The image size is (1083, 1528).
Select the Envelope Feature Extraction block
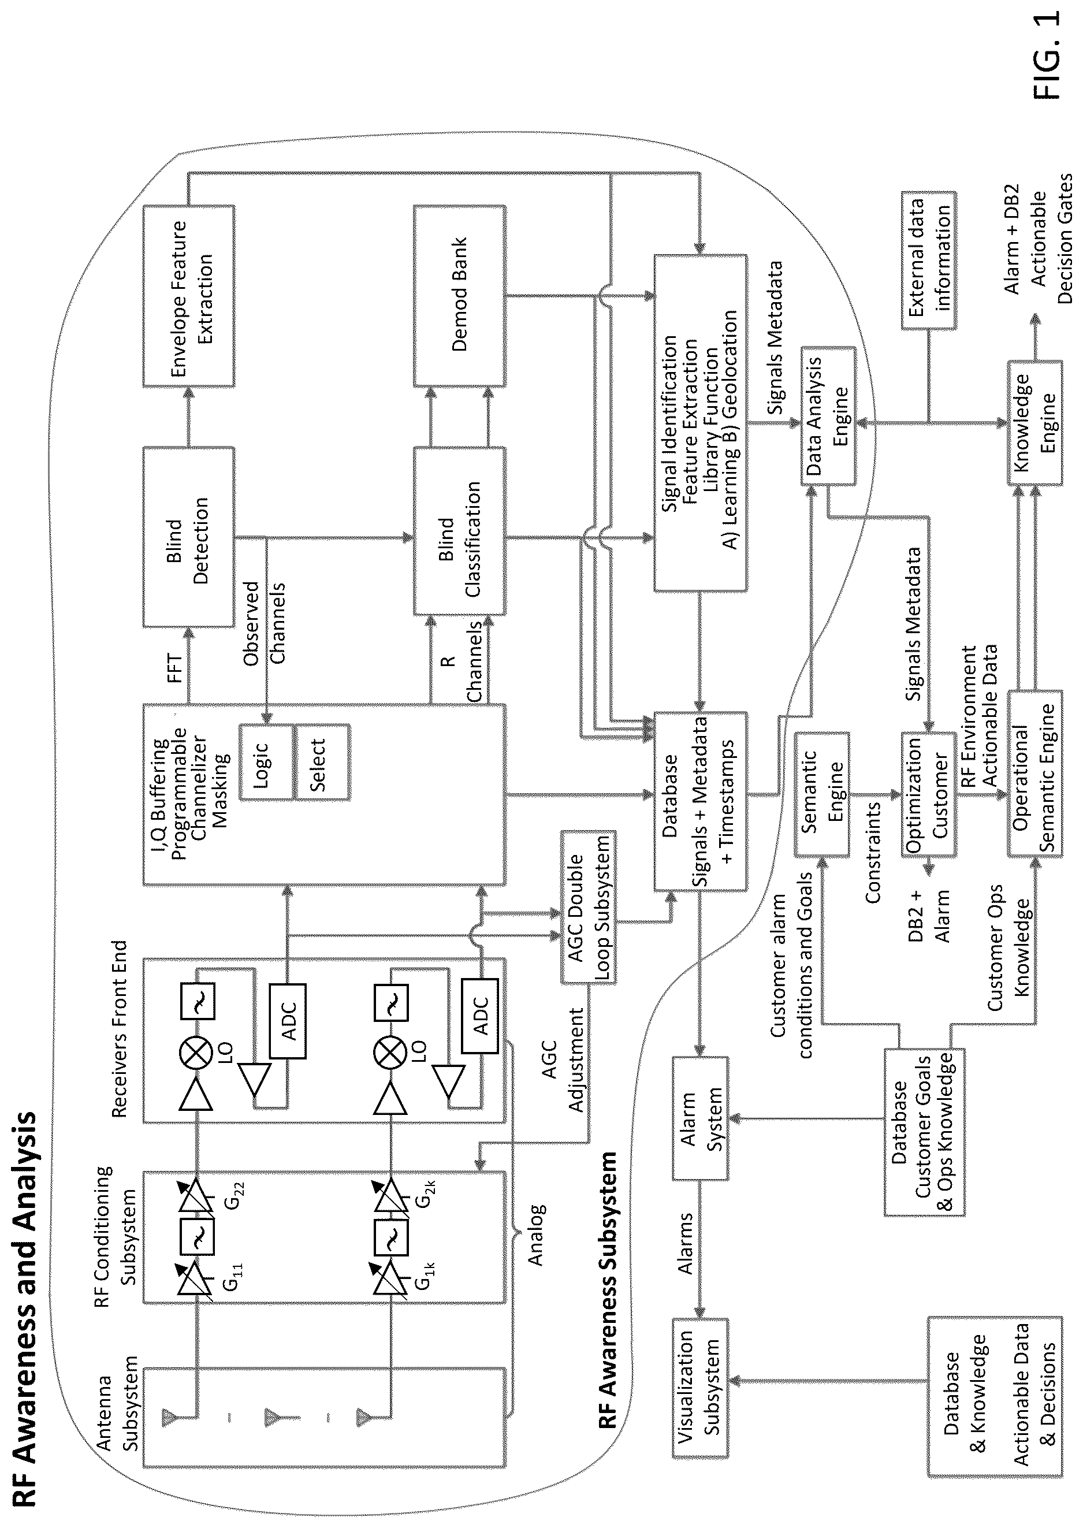pos(189,295)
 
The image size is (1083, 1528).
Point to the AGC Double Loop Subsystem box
pos(587,906)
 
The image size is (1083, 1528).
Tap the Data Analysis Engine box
pos(828,415)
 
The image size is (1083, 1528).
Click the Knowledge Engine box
pos(1034,423)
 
